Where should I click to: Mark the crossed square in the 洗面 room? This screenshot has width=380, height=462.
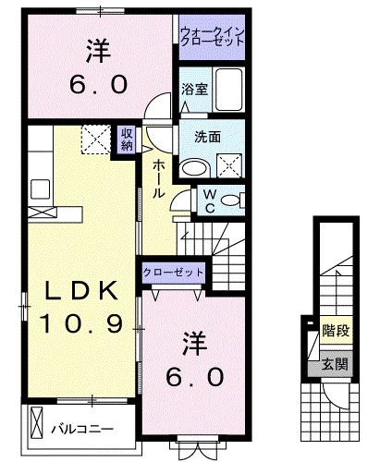pos(227,164)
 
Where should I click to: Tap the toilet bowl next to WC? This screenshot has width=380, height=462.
pos(232,200)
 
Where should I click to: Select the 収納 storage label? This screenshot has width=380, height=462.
pos(127,140)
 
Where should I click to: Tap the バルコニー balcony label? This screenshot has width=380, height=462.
pos(81,429)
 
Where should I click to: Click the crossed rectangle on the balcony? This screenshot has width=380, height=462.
pos(37,426)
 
